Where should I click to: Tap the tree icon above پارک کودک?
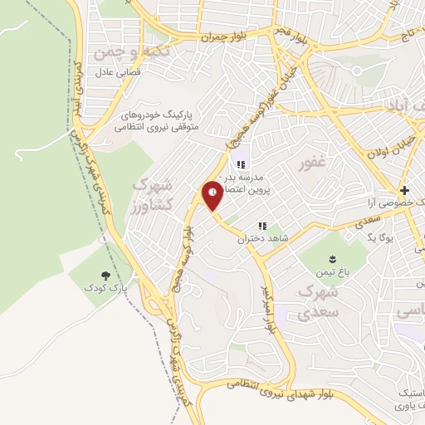(x=105, y=275)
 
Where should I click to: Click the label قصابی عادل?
(x=107, y=73)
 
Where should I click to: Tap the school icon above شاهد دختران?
(x=262, y=226)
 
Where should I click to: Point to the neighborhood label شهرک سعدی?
(x=316, y=304)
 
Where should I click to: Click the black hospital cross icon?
(x=403, y=188)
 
